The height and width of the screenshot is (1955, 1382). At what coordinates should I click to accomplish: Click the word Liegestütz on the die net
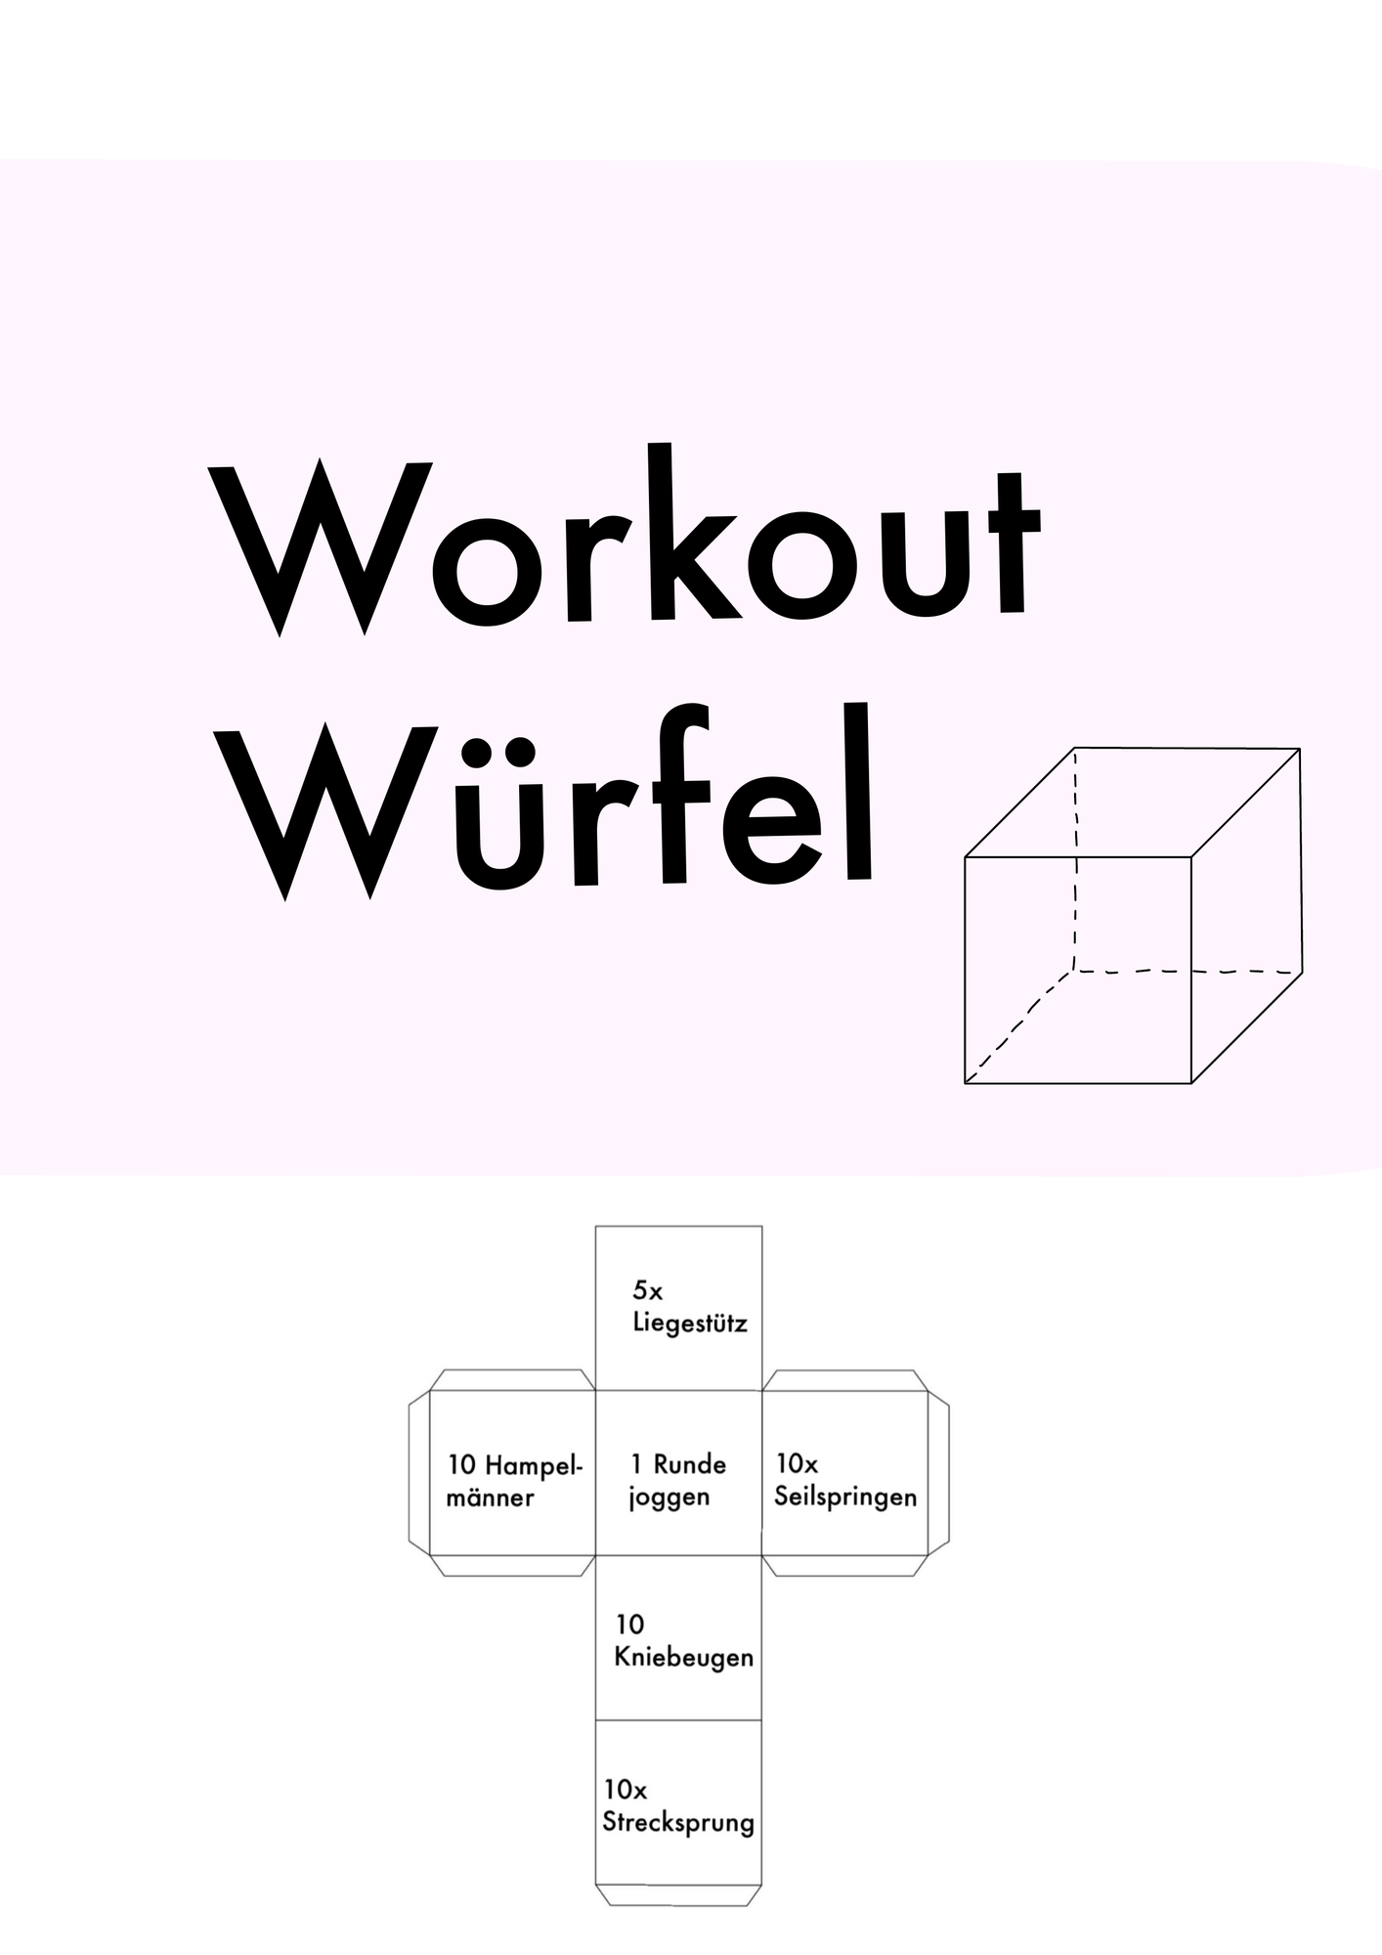point(690,1325)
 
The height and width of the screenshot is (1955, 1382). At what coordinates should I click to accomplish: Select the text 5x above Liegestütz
point(647,1291)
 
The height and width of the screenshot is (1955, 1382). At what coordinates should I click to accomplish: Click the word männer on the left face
point(490,1498)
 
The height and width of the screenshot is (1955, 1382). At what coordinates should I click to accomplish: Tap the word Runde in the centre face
point(690,1464)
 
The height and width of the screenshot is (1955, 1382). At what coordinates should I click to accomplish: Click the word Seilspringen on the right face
point(845,1499)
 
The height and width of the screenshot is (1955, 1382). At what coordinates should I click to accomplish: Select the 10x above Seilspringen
point(797,1463)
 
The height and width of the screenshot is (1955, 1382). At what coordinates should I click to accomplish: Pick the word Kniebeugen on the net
point(684,1659)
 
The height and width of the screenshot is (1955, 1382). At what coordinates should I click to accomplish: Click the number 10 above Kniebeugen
point(629,1625)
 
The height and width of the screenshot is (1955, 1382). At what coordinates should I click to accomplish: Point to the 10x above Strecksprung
point(626,1790)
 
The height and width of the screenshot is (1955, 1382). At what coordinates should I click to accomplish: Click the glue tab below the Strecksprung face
point(678,1895)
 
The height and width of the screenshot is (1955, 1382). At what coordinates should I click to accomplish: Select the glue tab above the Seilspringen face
point(845,1380)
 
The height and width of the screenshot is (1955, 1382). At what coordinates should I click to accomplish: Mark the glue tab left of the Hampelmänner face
point(419,1472)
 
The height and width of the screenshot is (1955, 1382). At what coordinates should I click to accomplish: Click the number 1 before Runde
point(637,1464)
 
